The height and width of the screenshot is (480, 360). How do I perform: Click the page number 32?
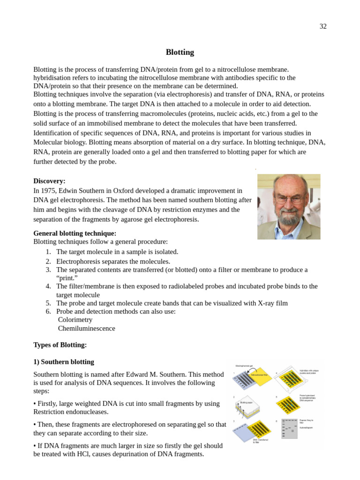point(323,26)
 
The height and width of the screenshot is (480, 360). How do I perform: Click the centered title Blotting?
point(180,52)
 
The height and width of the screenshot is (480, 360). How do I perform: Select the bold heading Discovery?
point(49,181)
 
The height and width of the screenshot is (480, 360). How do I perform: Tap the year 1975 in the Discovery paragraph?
point(49,191)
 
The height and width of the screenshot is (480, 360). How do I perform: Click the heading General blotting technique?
point(75,233)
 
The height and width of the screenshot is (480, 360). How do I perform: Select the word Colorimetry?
point(75,320)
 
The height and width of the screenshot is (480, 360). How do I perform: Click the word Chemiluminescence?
point(86,328)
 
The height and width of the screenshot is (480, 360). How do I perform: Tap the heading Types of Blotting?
point(60,345)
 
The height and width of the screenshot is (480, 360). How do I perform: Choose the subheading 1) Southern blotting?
point(64,362)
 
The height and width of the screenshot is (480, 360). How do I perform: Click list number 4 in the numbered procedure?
point(48,286)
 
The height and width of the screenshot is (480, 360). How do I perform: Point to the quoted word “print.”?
point(67,278)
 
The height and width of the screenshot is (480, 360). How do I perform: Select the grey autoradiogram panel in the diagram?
point(289,428)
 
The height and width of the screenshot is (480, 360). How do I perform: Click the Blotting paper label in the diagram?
point(247,402)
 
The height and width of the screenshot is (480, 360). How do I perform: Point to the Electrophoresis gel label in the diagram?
point(244,366)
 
